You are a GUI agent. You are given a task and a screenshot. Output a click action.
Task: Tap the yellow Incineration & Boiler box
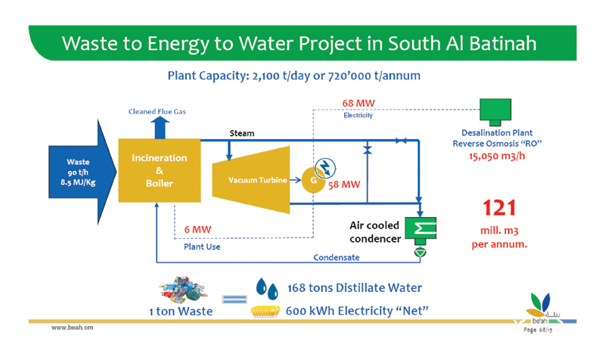(x=159, y=171)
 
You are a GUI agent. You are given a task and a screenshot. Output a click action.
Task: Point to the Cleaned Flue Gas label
(x=157, y=111)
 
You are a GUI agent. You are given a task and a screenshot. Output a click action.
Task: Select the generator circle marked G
(x=312, y=182)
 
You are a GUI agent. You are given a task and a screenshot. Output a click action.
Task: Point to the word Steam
(x=242, y=133)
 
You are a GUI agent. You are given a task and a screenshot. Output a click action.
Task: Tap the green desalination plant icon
(x=496, y=111)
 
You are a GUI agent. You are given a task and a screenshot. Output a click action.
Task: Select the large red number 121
(x=499, y=207)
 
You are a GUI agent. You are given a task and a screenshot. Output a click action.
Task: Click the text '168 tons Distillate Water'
(x=355, y=288)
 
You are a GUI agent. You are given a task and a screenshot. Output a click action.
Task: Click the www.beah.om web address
(x=73, y=329)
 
